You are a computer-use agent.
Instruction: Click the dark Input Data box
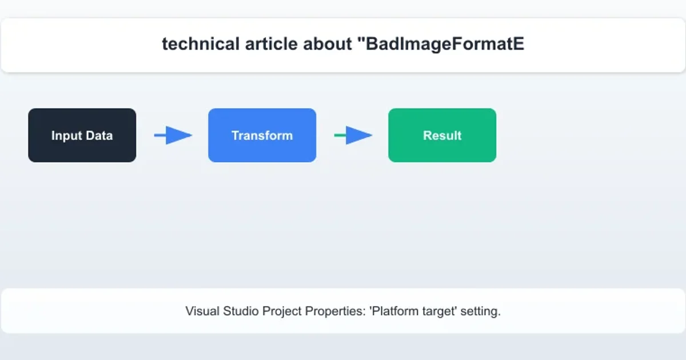82,135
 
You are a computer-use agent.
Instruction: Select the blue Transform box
262,135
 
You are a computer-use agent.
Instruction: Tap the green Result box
442,135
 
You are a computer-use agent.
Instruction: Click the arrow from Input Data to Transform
173,135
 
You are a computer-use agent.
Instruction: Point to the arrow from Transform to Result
353,135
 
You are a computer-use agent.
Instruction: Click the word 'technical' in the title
201,43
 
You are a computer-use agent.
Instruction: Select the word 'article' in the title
271,43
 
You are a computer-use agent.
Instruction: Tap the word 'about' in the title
328,43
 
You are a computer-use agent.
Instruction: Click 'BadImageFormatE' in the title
441,44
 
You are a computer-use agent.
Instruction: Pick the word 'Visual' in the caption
202,311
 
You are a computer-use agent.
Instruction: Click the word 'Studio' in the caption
241,311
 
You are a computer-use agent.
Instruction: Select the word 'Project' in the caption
282,311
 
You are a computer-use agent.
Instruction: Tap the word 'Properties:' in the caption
336,311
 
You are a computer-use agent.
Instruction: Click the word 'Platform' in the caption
394,311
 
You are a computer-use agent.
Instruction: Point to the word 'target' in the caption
440,311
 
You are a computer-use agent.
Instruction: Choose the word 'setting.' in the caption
481,311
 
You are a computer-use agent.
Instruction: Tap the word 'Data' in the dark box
99,135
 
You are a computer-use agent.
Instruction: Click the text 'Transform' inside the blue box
262,135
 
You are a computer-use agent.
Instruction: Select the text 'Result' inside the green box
442,135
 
